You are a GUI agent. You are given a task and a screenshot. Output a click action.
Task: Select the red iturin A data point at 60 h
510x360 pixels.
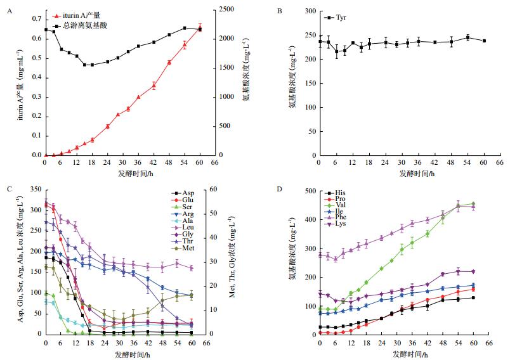200,29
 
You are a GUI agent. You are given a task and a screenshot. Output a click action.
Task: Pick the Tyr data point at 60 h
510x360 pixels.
484,41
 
